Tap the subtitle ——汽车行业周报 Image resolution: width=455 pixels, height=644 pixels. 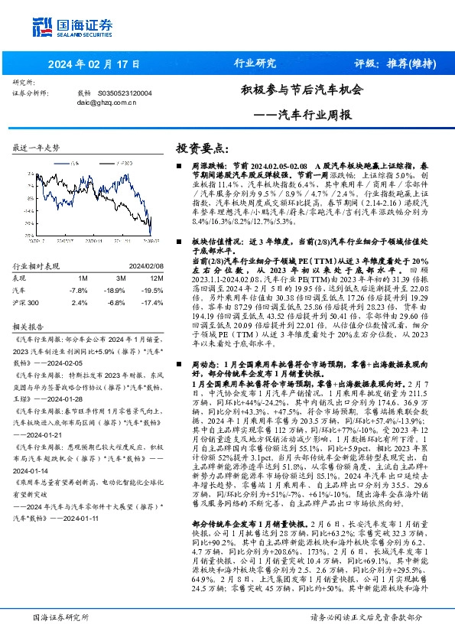click(x=302, y=115)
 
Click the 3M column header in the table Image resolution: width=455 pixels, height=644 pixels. click(x=119, y=278)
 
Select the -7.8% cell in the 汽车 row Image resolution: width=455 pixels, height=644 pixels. click(x=78, y=291)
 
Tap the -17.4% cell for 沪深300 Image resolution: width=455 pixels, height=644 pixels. click(x=154, y=303)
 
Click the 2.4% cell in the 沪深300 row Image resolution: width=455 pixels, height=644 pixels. click(x=79, y=303)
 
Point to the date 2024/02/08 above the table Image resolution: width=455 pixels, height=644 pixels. click(x=144, y=266)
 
